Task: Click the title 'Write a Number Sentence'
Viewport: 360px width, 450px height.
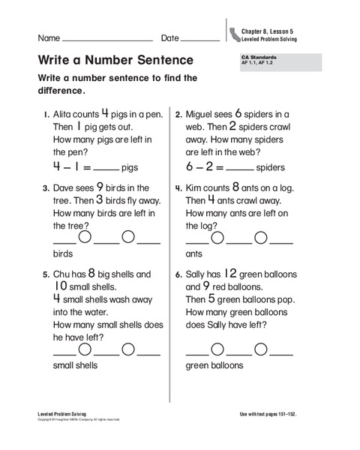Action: point(115,59)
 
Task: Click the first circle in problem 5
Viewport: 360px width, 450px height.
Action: point(85,349)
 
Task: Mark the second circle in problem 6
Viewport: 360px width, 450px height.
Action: point(261,349)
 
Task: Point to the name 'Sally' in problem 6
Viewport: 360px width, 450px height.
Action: point(199,275)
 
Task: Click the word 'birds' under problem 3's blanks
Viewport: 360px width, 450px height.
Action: point(62,254)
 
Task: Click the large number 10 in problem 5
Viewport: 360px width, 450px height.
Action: point(62,286)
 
